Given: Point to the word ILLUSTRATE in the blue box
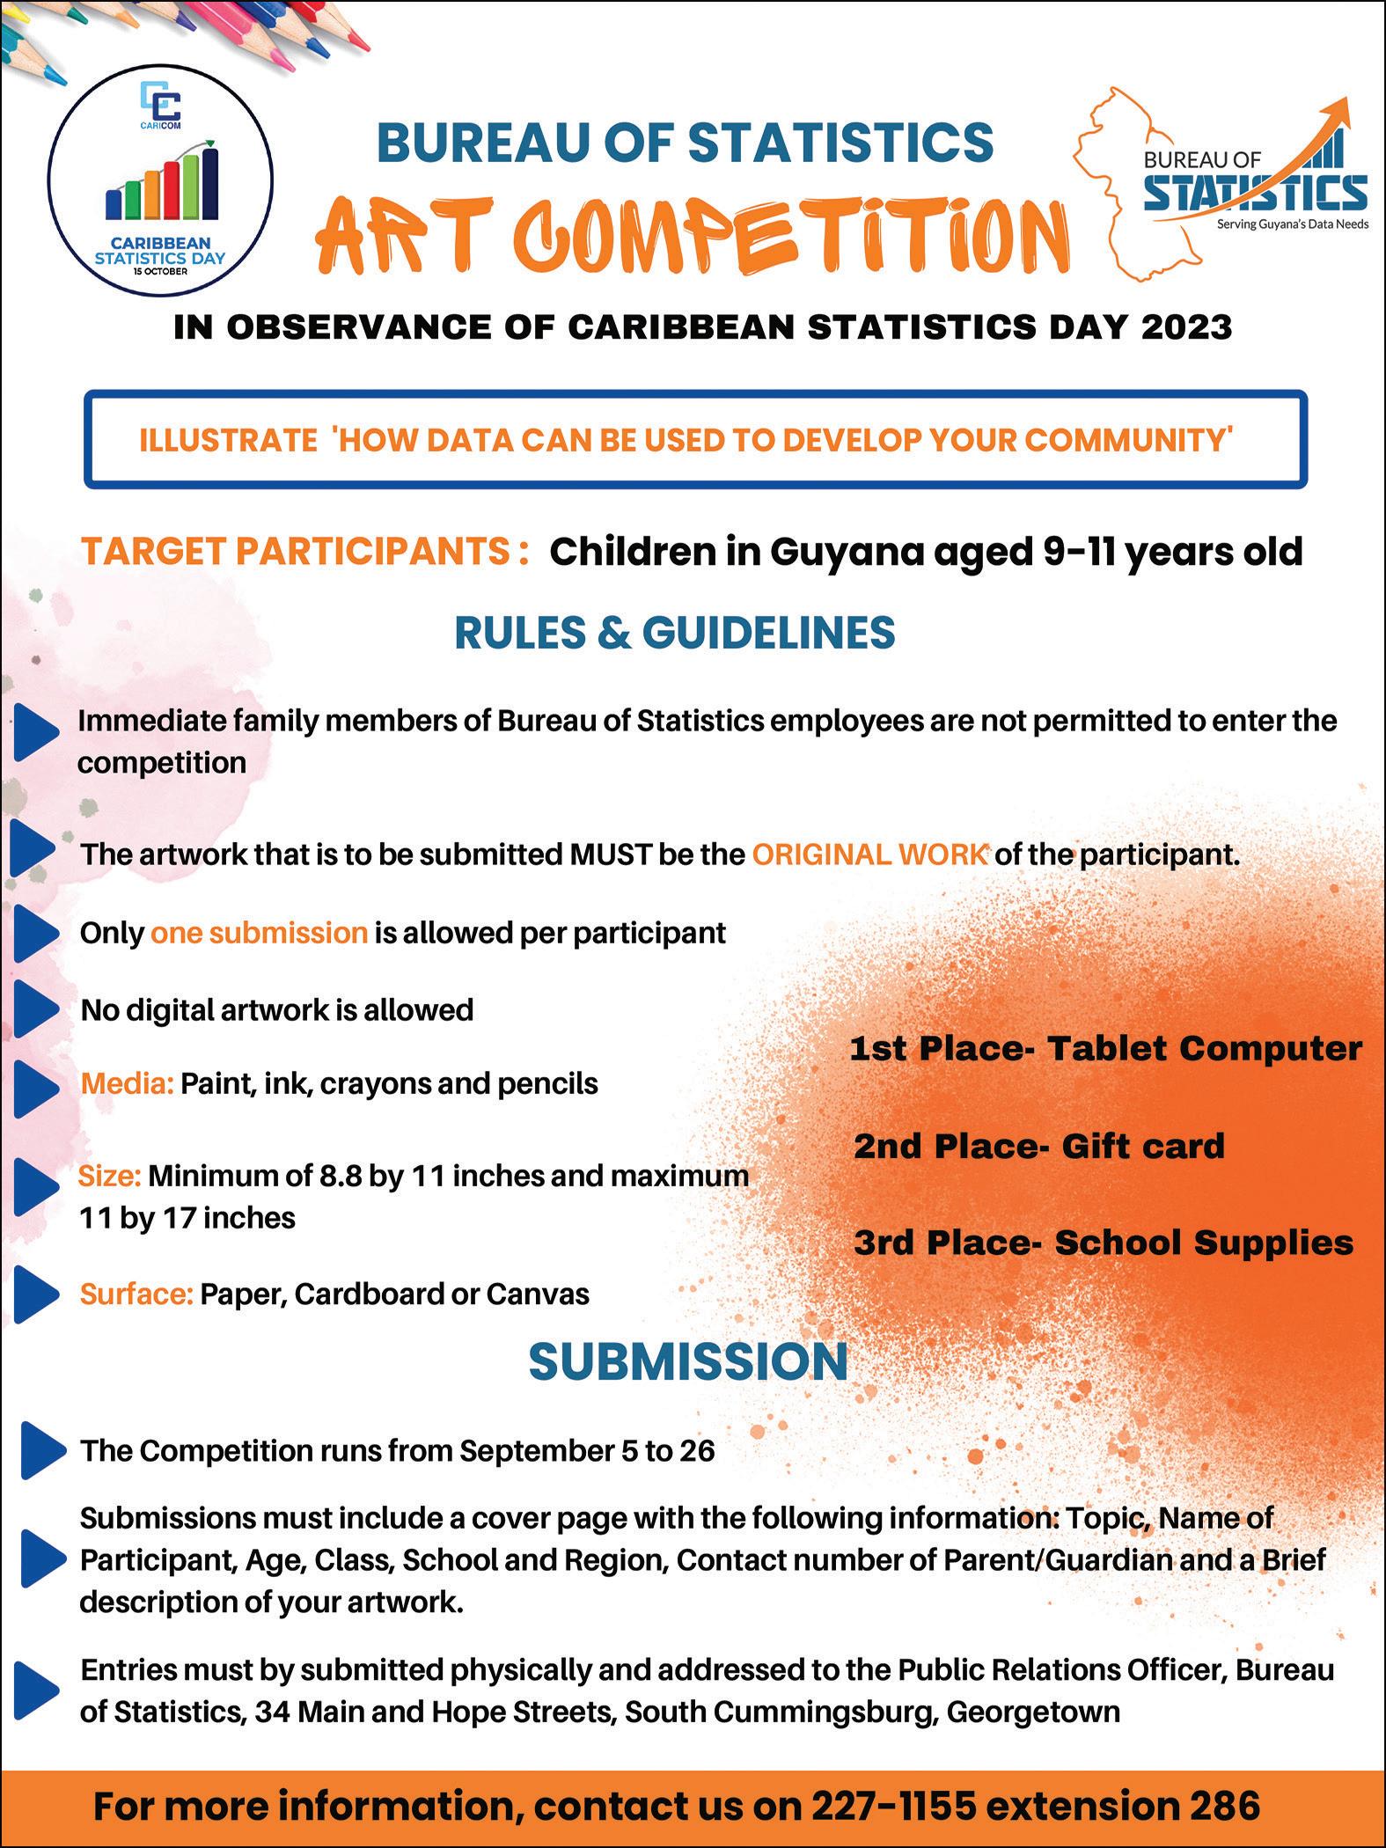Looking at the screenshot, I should (x=228, y=440).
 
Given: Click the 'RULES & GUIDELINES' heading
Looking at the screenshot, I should (x=674, y=633).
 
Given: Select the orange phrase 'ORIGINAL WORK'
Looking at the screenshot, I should (x=869, y=854).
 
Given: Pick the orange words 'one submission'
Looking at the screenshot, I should (x=259, y=933).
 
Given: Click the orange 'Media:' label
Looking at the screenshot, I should (x=128, y=1083).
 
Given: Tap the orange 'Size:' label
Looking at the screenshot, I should (x=110, y=1176).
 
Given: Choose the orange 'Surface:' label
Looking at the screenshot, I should (x=136, y=1294).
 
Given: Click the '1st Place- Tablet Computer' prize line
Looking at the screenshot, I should (x=1105, y=1048).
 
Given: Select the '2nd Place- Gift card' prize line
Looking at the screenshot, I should (x=1038, y=1146).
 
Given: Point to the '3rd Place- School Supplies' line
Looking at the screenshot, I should (x=1104, y=1243).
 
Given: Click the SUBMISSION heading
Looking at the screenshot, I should (x=688, y=1362).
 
